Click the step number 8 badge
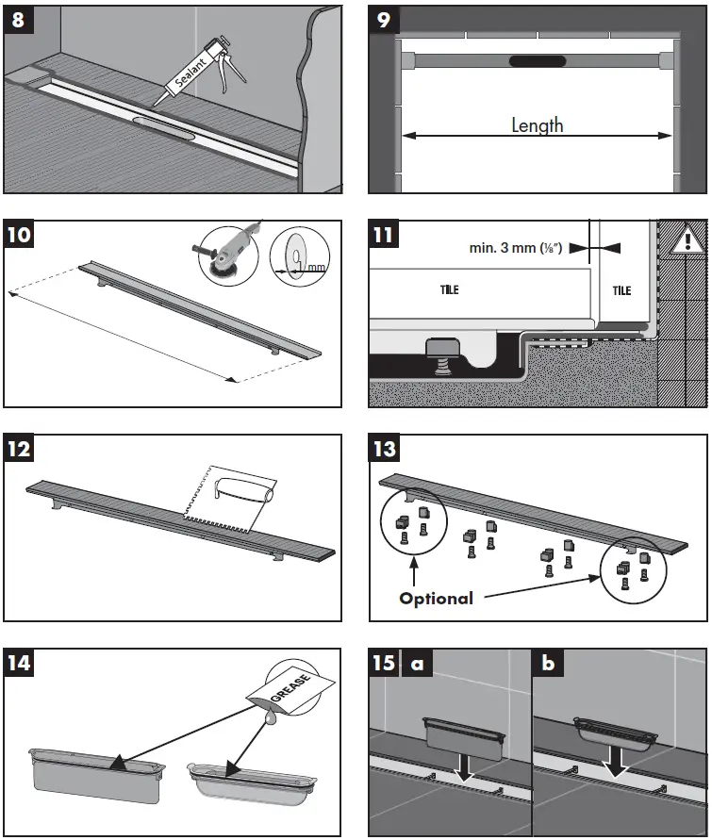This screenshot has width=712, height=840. click(x=19, y=20)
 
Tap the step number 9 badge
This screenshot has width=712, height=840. click(x=384, y=20)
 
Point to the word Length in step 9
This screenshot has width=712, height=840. click(x=538, y=124)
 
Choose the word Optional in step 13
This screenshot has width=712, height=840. click(x=437, y=598)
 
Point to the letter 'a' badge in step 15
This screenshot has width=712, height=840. click(x=414, y=663)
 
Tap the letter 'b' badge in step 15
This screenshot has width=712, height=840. click(x=548, y=663)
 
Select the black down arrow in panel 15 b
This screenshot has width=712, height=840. click(x=618, y=760)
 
